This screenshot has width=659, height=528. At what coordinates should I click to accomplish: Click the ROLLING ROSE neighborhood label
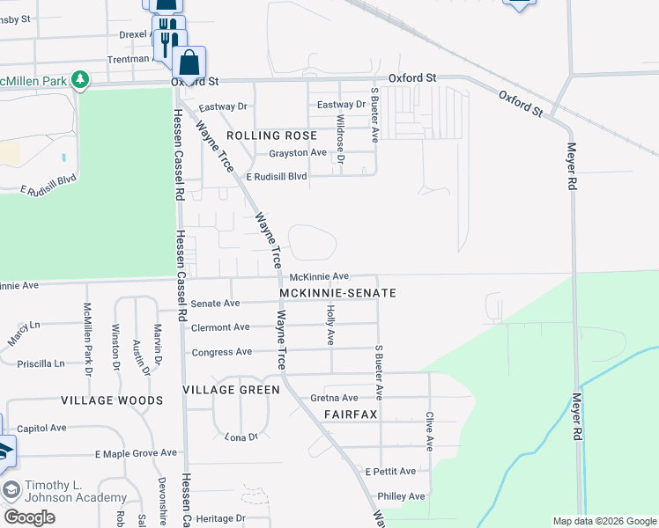click(x=271, y=136)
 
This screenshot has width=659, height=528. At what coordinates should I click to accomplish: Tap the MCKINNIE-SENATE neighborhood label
click(x=337, y=292)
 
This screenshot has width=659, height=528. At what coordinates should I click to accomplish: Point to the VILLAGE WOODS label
click(x=112, y=400)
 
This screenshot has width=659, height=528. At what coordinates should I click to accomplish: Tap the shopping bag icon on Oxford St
click(x=189, y=63)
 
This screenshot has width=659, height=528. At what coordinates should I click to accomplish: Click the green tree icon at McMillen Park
click(x=80, y=80)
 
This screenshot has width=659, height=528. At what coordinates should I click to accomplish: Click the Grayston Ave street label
click(x=298, y=152)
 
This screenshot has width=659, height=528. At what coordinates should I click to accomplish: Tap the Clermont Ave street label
click(x=220, y=327)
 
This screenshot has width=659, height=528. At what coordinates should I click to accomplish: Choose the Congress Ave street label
click(x=221, y=352)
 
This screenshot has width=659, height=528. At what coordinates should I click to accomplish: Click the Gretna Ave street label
click(x=334, y=398)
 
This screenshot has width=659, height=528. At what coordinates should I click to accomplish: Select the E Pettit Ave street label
click(x=391, y=472)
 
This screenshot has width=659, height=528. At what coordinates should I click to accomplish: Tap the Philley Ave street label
click(x=401, y=496)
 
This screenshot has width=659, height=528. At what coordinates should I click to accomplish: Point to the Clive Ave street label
click(x=429, y=431)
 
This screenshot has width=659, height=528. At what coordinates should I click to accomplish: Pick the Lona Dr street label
click(x=240, y=436)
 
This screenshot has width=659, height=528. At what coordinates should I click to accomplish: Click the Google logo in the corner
click(x=29, y=517)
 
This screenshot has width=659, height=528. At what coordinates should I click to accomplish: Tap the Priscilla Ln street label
click(x=41, y=363)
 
